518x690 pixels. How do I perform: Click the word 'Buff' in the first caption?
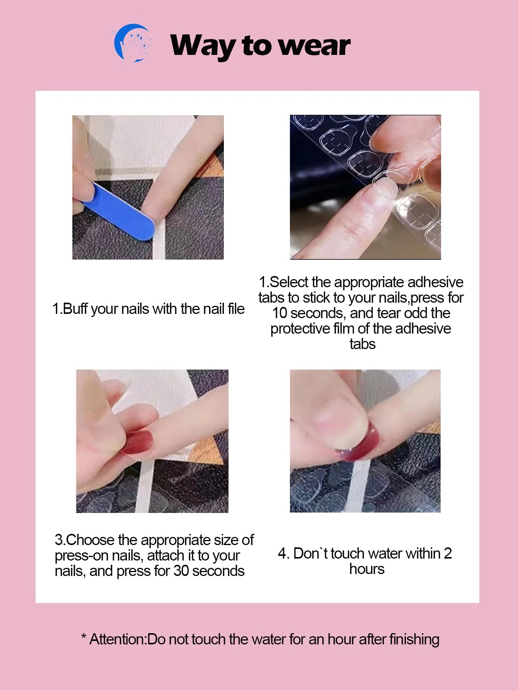76,309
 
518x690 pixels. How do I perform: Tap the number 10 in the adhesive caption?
279,313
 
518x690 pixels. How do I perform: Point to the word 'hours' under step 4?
367,569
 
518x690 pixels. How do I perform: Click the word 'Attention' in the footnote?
118,639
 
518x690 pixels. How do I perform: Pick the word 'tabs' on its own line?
362,344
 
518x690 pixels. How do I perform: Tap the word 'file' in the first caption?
236,309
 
